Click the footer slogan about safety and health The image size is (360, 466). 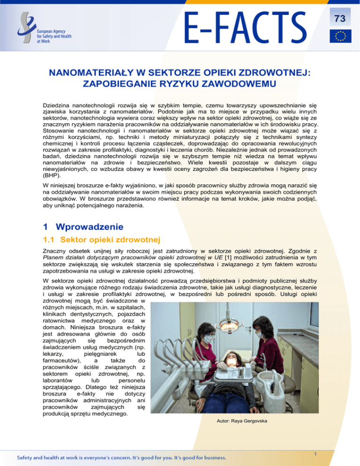tap(122, 457)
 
